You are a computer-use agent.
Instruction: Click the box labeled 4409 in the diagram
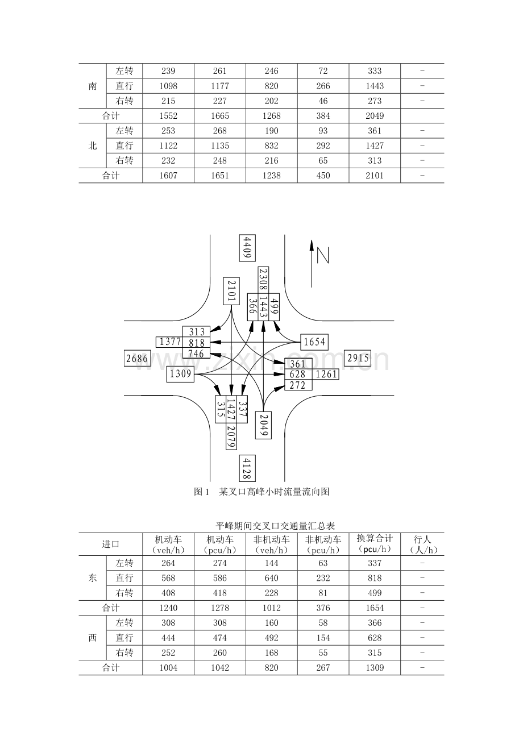pos(247,247)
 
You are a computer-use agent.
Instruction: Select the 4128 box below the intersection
pos(247,468)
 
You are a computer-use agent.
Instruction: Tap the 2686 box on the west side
pos(136,359)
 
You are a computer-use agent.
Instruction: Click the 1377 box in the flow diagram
pos(169,342)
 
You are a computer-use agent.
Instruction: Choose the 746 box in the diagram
pos(196,354)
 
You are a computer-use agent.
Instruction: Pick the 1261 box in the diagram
pos(326,374)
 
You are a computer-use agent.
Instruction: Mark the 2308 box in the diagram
pos(263,280)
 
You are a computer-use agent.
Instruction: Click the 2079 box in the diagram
pos(231,436)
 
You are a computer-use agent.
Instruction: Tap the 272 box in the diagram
pos(298,385)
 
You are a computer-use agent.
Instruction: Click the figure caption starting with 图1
pos(261,492)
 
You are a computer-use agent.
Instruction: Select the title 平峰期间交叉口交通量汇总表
pos(261,526)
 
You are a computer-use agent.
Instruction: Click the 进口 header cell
pos(111,544)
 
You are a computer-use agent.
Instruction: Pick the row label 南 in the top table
pos(93,86)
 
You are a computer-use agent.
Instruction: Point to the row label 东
pos(93,578)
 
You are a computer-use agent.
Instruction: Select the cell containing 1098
pos(168,86)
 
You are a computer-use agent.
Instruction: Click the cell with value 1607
pos(168,176)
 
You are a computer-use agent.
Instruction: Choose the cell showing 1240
pos(168,608)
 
